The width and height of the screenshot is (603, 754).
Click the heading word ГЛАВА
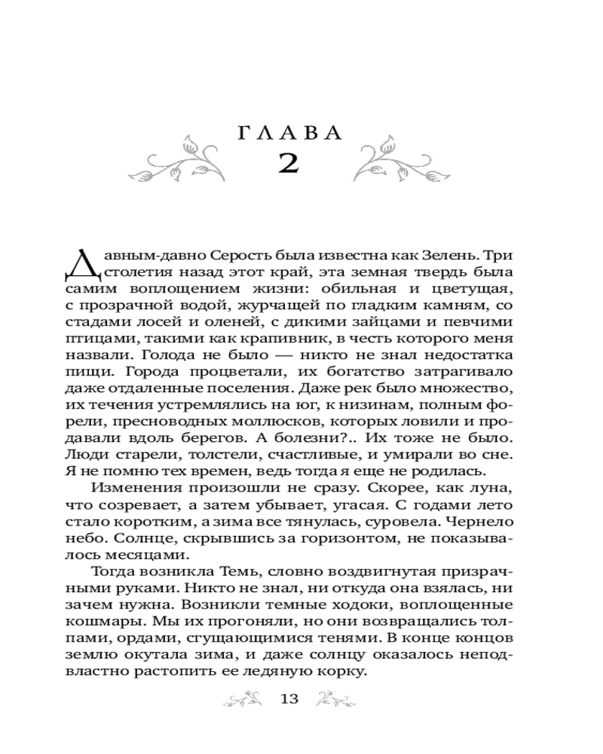tap(289, 133)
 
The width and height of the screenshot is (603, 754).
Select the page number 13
tap(289, 699)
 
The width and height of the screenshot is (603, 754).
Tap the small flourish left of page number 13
tap(245, 700)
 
